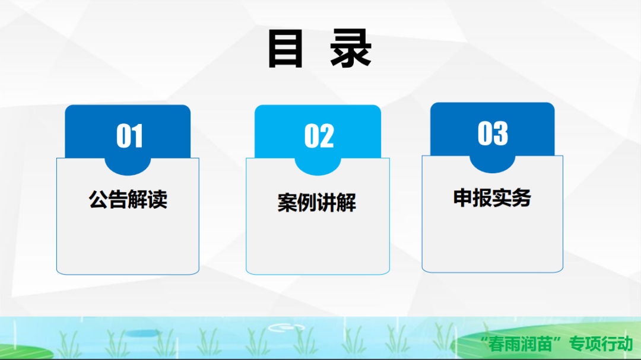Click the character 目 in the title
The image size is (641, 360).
[x=285, y=49]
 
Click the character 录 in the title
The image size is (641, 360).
[x=351, y=49]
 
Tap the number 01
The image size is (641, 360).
[x=129, y=136]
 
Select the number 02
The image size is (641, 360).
[x=319, y=136]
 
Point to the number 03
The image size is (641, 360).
[x=493, y=133]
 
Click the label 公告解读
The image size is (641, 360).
[x=128, y=199]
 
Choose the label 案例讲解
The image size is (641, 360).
[x=317, y=202]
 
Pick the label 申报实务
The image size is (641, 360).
[x=492, y=197]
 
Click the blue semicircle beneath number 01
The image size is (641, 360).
[x=128, y=167]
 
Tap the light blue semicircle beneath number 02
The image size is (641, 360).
[x=318, y=167]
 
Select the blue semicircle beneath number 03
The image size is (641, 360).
[x=492, y=164]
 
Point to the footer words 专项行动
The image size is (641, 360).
[x=601, y=344]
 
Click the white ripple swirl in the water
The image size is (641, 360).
[x=286, y=328]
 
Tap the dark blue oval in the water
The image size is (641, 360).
[x=142, y=334]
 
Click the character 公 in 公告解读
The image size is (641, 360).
[x=99, y=199]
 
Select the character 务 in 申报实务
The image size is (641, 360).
[x=522, y=197]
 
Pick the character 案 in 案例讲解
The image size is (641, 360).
[x=287, y=202]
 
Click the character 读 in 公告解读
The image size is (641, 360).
[x=158, y=199]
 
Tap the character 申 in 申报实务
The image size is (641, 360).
[x=463, y=197]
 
